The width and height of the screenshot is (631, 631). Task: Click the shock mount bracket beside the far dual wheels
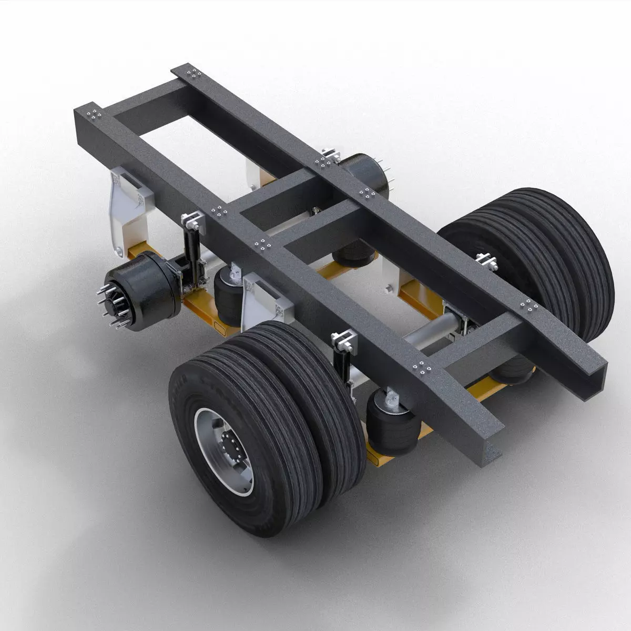[x=486, y=260]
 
